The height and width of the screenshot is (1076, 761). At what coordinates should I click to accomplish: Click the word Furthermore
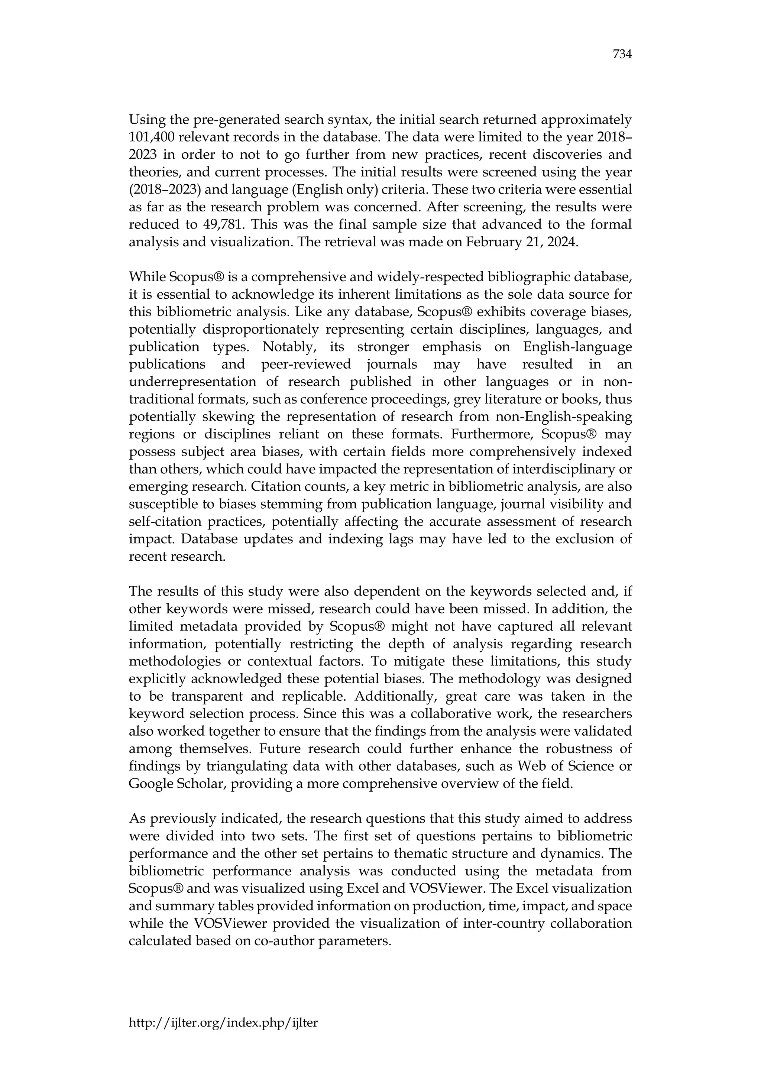point(492,434)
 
